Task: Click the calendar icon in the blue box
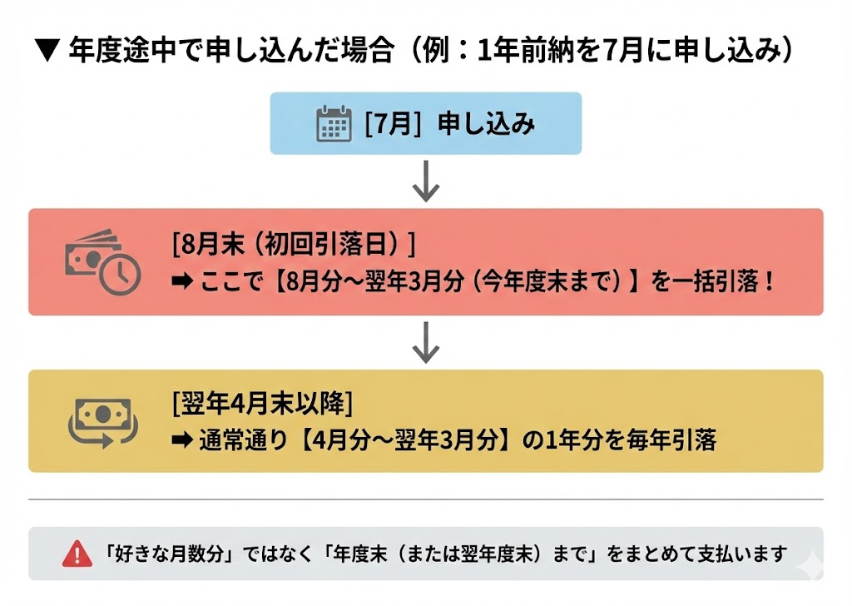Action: [x=334, y=124]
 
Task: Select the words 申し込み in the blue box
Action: [x=486, y=124]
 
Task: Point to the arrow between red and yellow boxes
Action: [x=425, y=343]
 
